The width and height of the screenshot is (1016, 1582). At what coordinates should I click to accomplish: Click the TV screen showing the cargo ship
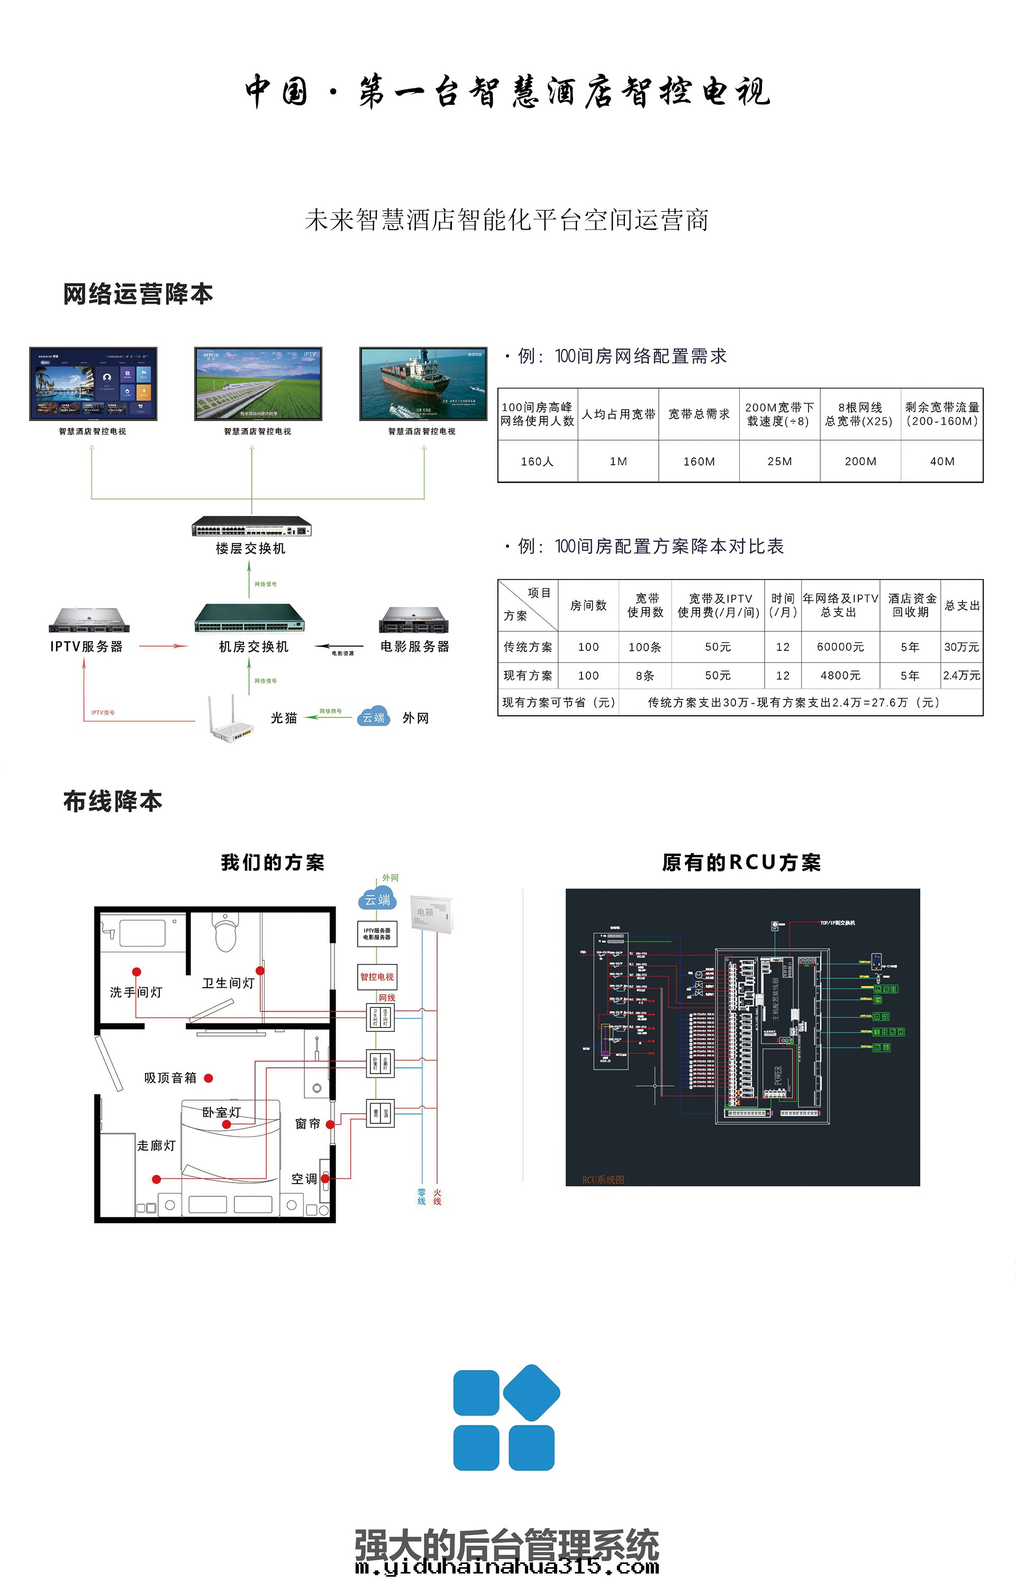[423, 383]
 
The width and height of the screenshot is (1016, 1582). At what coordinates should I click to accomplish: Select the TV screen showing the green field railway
[258, 383]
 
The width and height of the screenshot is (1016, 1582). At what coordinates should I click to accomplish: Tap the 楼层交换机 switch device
[251, 528]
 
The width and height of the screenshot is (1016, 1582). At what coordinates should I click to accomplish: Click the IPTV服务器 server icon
[89, 620]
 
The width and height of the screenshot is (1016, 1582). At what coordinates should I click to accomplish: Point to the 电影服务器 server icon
[414, 620]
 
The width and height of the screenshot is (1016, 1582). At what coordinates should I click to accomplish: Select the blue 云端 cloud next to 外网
[374, 717]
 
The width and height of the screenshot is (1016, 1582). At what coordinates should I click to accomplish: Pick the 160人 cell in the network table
[537, 461]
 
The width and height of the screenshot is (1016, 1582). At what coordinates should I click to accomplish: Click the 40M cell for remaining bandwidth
[941, 461]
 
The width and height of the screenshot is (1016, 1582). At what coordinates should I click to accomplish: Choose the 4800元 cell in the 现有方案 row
[840, 675]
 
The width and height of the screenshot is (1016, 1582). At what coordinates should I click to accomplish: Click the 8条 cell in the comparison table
[645, 675]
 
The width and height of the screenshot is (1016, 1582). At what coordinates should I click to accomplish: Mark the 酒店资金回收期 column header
[911, 605]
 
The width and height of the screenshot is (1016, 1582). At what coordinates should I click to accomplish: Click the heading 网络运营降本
[138, 294]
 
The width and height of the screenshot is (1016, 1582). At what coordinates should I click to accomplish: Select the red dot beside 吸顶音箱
[208, 1078]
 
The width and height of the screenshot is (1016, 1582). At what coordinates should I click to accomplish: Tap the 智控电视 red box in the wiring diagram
[377, 977]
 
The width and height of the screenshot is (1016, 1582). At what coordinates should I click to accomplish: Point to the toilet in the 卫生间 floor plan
[225, 933]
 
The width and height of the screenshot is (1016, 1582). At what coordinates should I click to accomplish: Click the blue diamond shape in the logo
[532, 1393]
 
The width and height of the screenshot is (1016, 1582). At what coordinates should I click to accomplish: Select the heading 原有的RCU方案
[741, 862]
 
